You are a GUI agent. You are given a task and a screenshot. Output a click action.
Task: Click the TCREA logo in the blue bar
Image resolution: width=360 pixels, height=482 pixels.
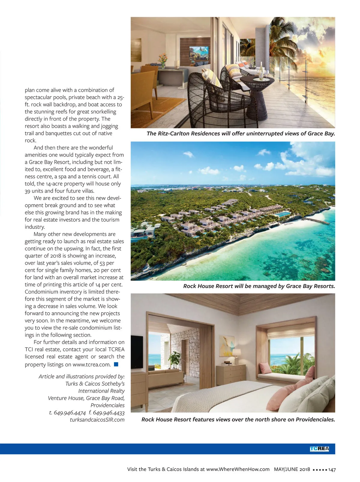pos(319,449)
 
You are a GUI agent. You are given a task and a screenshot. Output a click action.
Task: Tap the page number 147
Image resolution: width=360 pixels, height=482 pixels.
pos(332,469)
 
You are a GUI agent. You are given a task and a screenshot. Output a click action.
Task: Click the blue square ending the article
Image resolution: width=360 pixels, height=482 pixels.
pos(116,364)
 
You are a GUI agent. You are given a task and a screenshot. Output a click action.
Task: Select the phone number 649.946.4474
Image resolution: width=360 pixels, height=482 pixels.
pos(70,413)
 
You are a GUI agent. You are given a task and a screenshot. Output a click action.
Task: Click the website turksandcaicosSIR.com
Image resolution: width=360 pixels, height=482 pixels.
pos(97,420)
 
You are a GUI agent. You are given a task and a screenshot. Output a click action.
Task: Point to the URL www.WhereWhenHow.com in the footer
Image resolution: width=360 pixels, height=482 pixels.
pos(238,469)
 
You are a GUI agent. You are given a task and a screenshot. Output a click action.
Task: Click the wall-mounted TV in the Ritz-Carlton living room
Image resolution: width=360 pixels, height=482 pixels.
pos(198,53)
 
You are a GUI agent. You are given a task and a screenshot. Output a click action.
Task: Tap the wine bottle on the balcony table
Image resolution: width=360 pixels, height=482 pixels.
pos(261,71)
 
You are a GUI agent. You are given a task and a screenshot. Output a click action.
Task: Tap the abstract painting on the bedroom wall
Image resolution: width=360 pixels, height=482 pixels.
pos(227,345)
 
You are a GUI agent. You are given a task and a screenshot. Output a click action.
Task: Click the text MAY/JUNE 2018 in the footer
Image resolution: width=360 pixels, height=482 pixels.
pos(292,469)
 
